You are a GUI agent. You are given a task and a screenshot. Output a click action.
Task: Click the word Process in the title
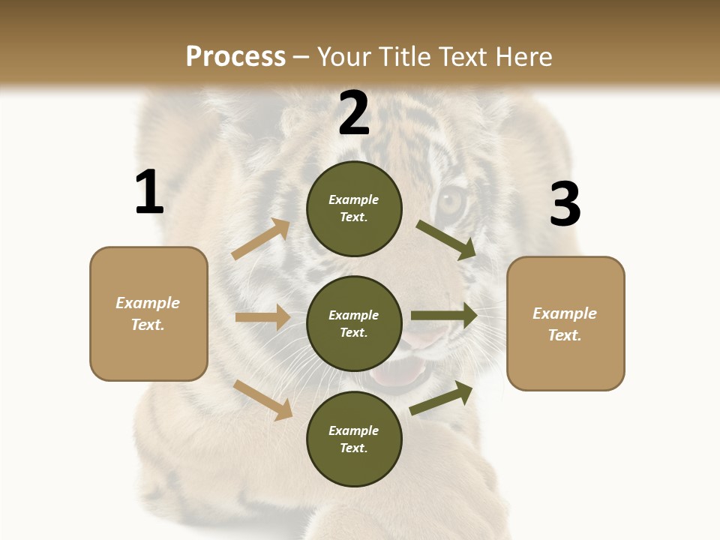pos(235,57)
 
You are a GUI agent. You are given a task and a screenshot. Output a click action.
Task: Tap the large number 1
pos(149,193)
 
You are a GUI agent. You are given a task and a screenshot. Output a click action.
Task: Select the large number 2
pos(354,113)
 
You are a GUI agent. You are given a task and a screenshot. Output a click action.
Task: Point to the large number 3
pos(565,204)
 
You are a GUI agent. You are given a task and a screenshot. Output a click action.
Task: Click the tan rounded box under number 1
pos(148,313)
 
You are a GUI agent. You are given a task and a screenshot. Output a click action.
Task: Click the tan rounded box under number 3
pos(565,324)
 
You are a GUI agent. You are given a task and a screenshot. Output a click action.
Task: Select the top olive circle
pos(354,208)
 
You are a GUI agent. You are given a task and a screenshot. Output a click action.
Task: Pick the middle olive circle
pos(354,324)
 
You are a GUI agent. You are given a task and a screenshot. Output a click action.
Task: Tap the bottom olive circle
pos(354,439)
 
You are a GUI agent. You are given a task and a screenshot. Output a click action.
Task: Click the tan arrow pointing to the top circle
pos(261,239)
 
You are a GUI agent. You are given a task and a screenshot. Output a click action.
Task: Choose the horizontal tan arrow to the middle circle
pos(262,317)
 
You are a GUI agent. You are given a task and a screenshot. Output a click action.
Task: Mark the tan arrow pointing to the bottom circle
pos(263,400)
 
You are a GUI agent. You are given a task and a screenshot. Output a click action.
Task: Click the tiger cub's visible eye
pos(452,201)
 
